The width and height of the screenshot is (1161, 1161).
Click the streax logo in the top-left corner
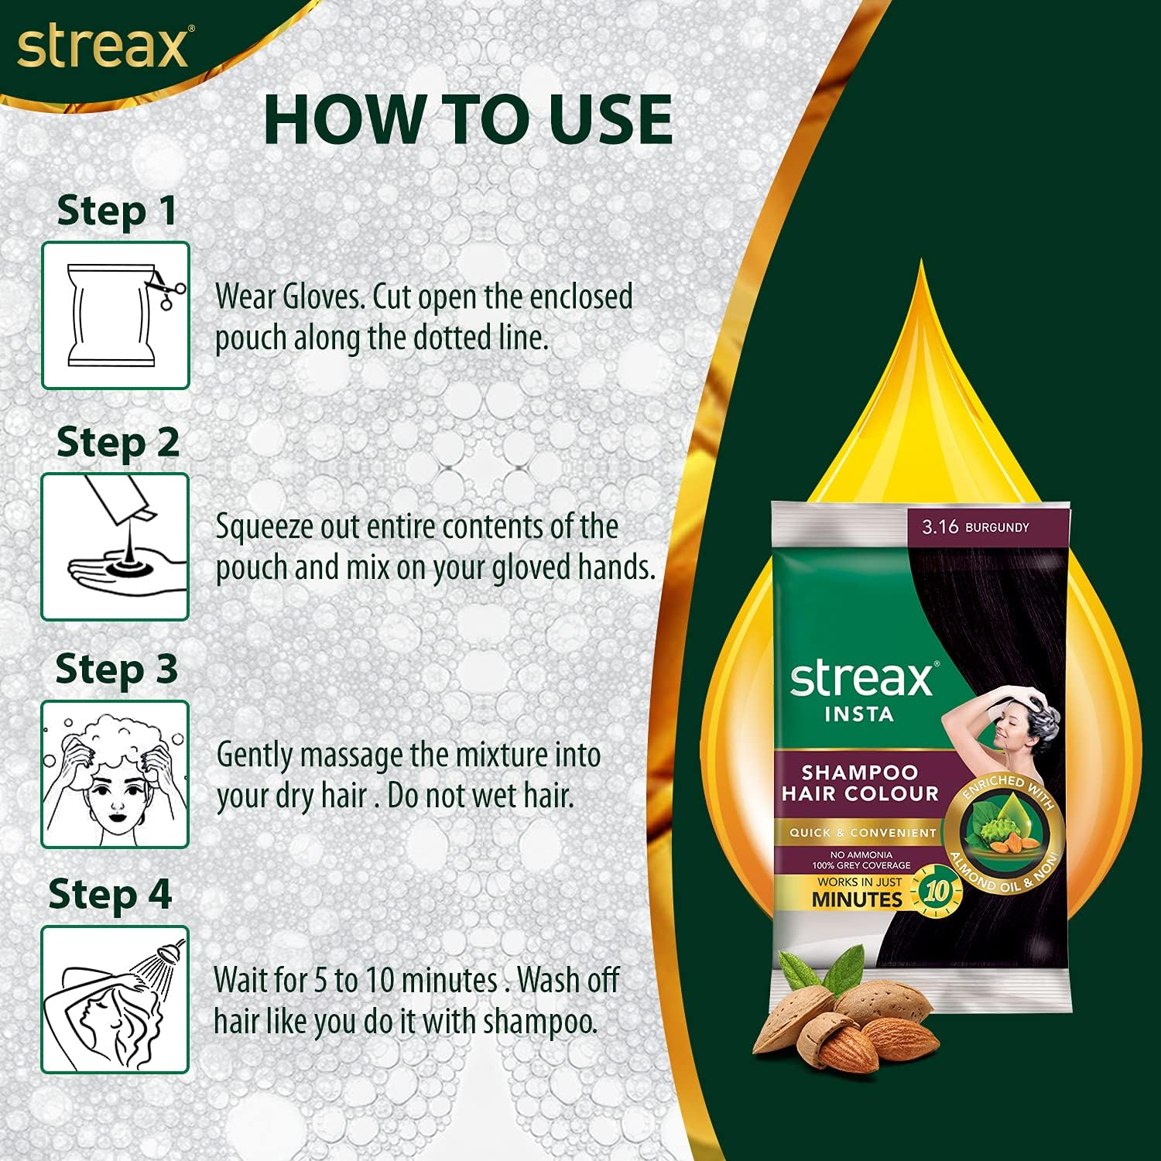coord(102,48)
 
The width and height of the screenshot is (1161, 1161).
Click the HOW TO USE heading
coord(467,120)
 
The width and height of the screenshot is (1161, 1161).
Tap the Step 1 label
coord(117,211)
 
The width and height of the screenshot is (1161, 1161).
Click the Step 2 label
coord(118,442)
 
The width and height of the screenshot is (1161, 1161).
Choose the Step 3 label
coord(117,669)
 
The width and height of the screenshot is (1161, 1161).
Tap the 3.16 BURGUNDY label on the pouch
coord(975,527)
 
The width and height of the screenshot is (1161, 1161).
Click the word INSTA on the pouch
coord(859,714)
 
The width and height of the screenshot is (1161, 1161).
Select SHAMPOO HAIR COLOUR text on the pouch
coord(859,783)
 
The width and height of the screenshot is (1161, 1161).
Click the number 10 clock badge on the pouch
coord(937,892)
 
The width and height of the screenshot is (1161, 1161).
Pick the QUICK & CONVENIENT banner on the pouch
coord(862,833)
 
